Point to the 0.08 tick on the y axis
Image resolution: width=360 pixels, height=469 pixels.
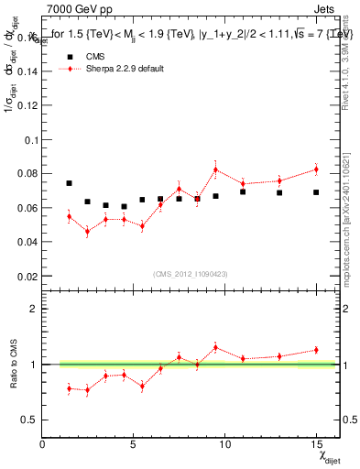click(30, 174)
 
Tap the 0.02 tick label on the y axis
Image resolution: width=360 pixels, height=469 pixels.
click(30, 276)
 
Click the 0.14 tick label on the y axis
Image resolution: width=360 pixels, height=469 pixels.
click(30, 72)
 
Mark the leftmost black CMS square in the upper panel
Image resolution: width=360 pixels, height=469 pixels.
click(69, 183)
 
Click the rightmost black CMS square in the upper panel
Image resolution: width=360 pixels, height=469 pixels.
click(316, 192)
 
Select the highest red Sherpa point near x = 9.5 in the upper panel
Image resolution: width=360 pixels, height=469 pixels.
click(215, 169)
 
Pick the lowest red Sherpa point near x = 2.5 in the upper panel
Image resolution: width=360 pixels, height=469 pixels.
click(87, 231)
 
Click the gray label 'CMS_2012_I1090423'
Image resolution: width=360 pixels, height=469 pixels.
click(184, 273)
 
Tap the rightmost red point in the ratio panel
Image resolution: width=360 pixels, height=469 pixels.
click(316, 349)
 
